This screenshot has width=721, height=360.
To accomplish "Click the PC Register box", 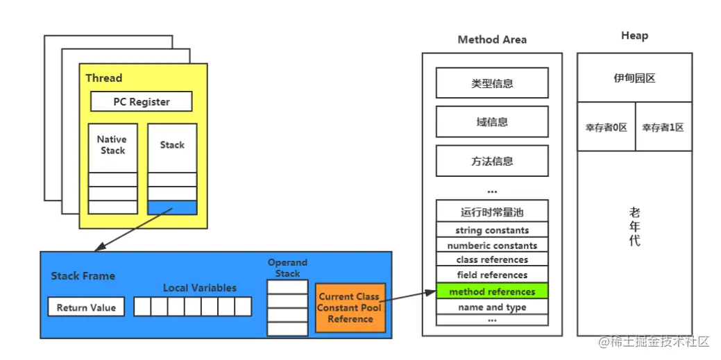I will pos(141,101).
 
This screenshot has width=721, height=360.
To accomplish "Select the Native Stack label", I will pos(112,145).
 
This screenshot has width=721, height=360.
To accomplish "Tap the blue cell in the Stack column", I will pos(172,207).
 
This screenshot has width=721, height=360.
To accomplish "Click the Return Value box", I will pos(86,307).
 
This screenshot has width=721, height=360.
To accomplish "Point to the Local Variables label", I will pos(200,288).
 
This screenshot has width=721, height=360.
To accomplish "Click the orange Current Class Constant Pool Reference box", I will pos(350,307).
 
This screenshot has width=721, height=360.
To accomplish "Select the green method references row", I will pos(492,291).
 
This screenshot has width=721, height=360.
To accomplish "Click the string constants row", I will pos(492,230).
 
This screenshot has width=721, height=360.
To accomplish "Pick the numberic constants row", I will pos(492,245).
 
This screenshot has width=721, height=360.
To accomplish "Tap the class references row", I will pos(492,259).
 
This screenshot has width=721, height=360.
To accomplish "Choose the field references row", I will pos(492,275).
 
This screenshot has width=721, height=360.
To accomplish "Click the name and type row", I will pos(492,307).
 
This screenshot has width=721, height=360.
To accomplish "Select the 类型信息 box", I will pos(492,83).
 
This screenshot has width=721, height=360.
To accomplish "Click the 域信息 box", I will pos(492,122).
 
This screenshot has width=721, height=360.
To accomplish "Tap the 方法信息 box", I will pos(492,161).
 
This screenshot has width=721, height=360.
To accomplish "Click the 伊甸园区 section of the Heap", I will pos(634,78).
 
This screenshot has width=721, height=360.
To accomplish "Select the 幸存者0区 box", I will pos(606,127).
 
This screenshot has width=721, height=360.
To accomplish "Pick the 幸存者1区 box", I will pos(663,127).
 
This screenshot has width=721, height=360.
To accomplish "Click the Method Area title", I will pos(492,40).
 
